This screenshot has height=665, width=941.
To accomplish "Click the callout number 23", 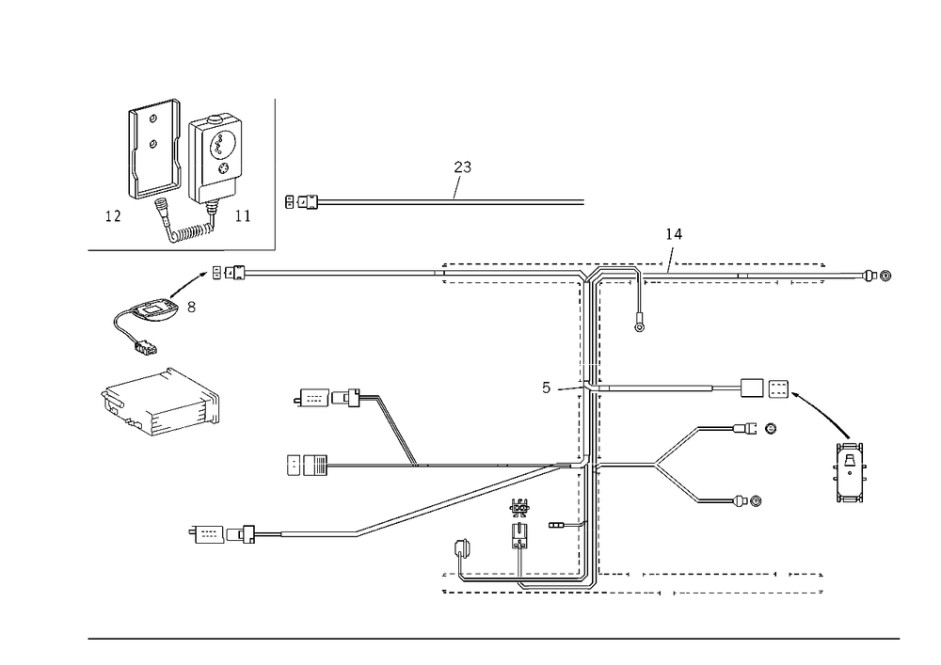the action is [462, 166].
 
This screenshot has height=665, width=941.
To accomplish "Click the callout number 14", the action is [674, 234].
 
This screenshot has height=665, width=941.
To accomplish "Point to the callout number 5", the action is [546, 388].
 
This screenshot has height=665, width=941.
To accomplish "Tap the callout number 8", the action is [191, 307].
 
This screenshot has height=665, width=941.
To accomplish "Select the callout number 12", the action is [113, 216].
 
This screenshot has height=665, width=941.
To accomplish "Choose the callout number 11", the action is [243, 215].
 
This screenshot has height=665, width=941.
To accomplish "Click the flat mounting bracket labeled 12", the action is [154, 149].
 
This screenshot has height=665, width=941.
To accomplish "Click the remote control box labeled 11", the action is [215, 157].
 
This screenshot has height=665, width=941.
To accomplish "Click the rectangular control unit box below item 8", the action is [160, 402].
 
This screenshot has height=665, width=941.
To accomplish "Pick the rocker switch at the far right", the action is [849, 472].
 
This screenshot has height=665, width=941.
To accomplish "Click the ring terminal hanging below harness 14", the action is [639, 327].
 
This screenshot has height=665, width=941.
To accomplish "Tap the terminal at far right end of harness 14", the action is [878, 276].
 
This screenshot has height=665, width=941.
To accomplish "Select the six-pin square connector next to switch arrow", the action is [778, 388].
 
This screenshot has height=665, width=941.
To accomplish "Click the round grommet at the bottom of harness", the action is [461, 548].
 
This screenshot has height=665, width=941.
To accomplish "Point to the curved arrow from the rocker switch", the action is [821, 412].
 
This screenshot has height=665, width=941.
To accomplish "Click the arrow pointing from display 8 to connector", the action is [188, 284].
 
